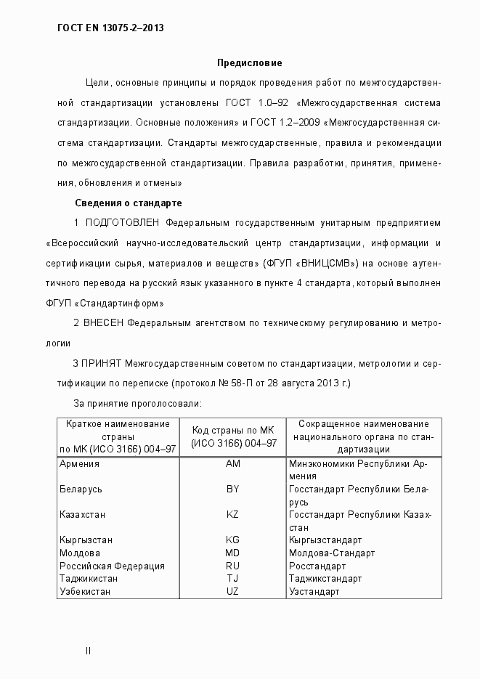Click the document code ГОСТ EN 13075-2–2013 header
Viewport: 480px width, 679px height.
point(110,29)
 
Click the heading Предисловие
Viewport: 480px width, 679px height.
point(250,63)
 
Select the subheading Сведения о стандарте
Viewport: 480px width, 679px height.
point(128,202)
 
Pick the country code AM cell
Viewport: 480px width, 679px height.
point(233,463)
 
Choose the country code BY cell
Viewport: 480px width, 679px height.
point(233,489)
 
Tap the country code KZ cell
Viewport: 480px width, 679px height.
point(233,514)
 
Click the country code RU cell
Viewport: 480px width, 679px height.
point(233,566)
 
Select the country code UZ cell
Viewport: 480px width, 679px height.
point(233,592)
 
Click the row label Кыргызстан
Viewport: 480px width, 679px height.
point(86,540)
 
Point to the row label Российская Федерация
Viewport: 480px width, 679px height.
point(112,566)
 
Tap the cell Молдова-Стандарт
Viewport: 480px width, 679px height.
point(331,553)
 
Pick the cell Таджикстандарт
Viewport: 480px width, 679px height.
point(325,579)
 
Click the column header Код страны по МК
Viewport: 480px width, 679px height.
point(233,431)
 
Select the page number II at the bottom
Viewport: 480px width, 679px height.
point(88,651)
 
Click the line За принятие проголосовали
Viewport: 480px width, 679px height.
point(138,402)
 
